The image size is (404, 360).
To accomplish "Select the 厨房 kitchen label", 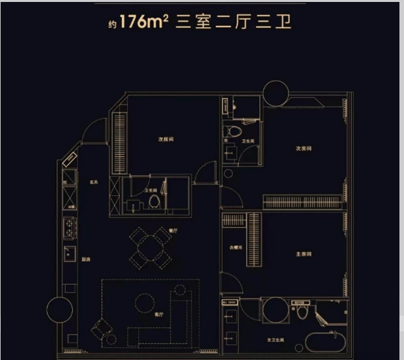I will pyautogui.click(x=85, y=259).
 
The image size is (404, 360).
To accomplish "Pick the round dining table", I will pyautogui.click(x=151, y=248).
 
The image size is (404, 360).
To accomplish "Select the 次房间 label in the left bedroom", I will pyautogui.click(x=166, y=140).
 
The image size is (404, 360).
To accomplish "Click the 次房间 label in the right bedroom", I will pyautogui.click(x=304, y=149).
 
